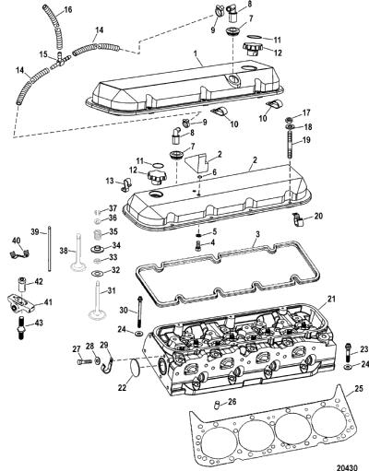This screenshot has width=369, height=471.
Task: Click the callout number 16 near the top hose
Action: (67, 9)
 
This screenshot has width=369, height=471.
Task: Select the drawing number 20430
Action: (348, 467)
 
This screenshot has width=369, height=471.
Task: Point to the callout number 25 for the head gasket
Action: (359, 389)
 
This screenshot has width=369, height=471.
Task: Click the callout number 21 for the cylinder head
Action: (331, 299)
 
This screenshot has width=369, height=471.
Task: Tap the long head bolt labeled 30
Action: (140, 312)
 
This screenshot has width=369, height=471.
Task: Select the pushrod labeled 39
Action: (49, 248)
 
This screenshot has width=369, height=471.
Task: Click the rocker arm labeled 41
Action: (22, 303)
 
